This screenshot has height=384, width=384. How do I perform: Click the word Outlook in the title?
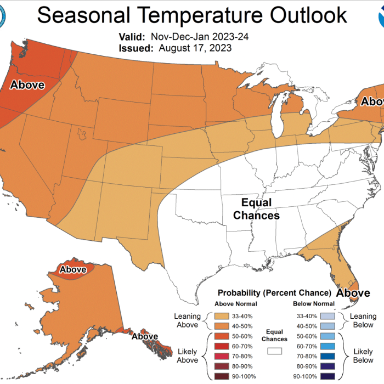click(x=302, y=15)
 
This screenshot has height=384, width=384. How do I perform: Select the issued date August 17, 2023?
click(x=195, y=48)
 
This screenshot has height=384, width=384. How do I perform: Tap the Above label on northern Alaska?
click(x=72, y=269)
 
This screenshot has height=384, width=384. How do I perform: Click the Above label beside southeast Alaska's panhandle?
click(x=145, y=336)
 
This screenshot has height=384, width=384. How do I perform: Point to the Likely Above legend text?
click(x=187, y=355)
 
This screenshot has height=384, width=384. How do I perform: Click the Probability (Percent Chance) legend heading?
click(x=274, y=292)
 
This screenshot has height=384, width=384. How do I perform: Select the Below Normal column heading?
click(x=314, y=304)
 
